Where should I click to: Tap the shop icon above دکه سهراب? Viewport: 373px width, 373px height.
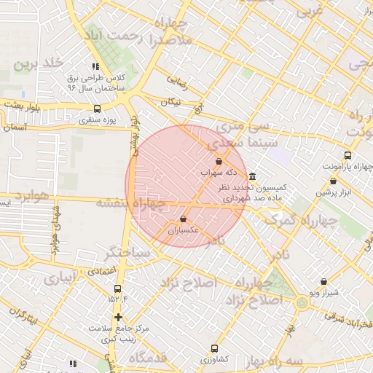[219, 161]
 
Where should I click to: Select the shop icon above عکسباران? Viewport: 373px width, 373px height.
[183, 219]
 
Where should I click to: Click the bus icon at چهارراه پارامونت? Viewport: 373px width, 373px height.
[348, 155]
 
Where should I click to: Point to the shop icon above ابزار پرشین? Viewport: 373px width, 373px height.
[333, 181]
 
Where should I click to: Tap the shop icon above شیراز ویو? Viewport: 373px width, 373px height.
[323, 281]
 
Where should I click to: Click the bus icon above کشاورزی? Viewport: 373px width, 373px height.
[214, 348]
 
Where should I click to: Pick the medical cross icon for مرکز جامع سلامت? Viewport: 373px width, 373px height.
[118, 317]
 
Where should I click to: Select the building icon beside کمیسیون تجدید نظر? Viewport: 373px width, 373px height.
[252, 176]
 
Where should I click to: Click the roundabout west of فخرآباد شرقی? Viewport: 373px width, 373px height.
[302, 302]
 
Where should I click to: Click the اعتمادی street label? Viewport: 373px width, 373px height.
[102, 270]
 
